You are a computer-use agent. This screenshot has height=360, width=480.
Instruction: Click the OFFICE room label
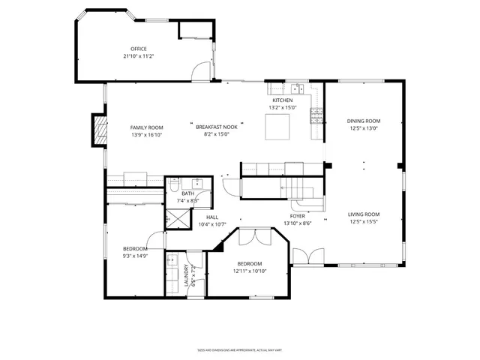138,49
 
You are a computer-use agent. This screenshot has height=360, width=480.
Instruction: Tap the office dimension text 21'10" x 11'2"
138,56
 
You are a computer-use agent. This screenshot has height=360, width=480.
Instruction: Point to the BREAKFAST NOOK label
217,127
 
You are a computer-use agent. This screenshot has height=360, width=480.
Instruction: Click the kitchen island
277,128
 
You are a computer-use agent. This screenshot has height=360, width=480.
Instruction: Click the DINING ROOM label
363,121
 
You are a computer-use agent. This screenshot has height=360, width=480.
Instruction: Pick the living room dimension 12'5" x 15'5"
363,222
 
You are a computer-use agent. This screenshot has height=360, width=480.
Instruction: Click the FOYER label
298,216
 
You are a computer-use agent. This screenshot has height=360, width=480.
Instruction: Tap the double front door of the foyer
310,257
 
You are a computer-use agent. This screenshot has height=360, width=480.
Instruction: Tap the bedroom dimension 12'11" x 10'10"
249,271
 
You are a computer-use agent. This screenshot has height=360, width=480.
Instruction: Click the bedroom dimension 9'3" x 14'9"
136,256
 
